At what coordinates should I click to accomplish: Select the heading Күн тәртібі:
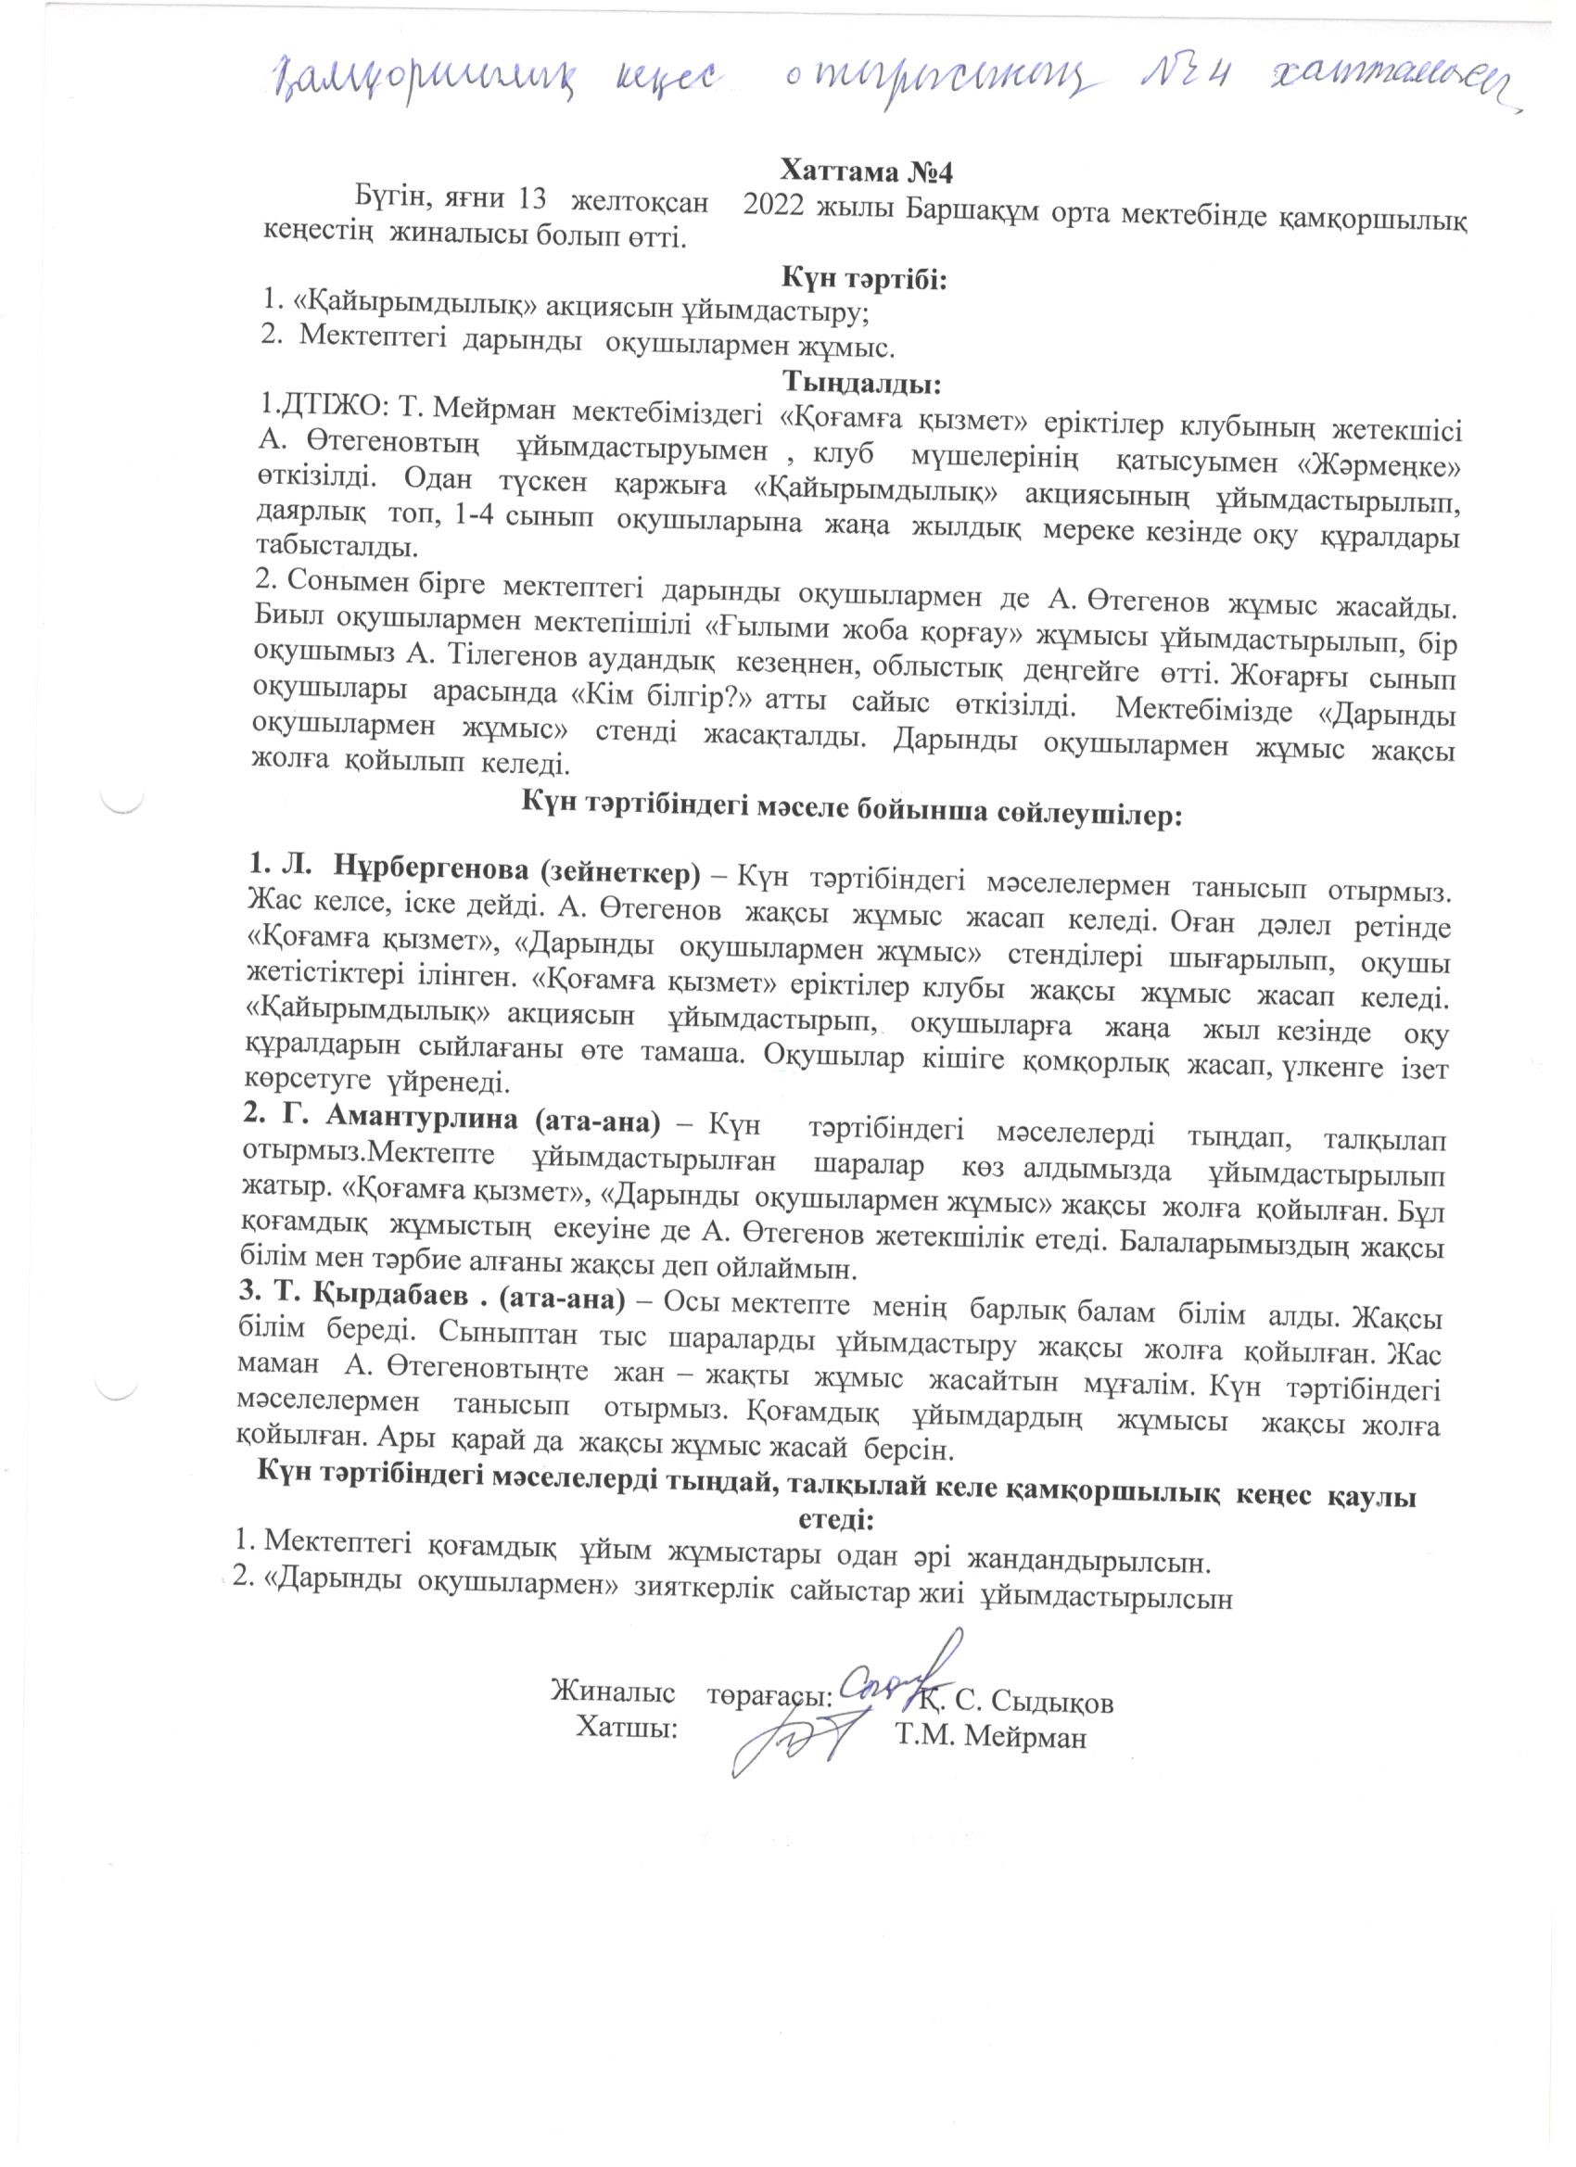tap(864, 280)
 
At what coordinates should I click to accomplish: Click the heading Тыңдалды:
tap(863, 384)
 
